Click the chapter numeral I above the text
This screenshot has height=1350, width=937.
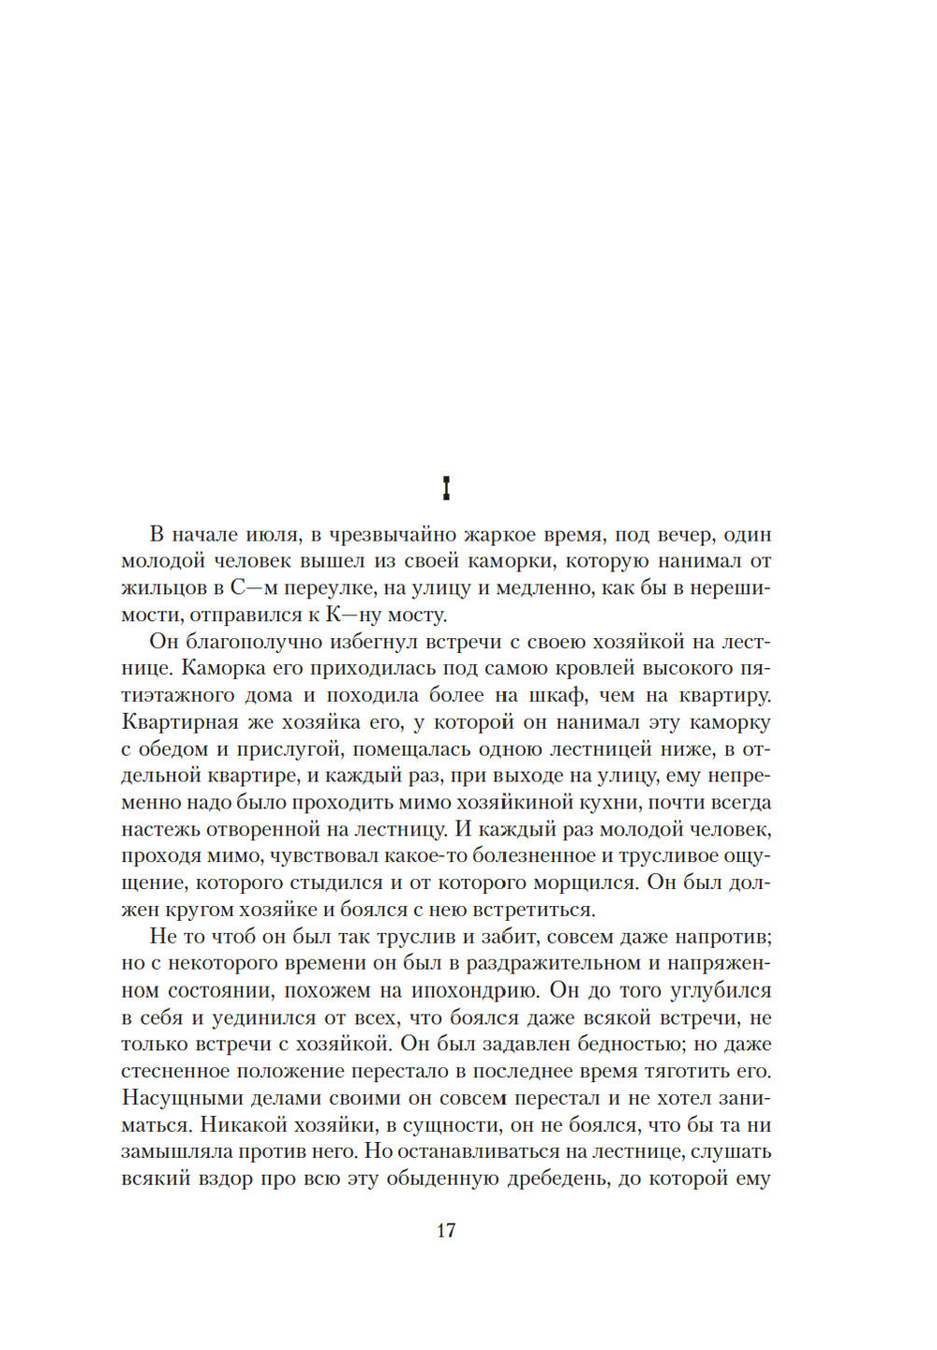[446, 488]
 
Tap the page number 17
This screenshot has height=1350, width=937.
[446, 1230]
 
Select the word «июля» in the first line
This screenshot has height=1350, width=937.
[273, 535]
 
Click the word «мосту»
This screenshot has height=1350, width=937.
[411, 616]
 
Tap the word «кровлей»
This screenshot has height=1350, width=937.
[638, 669]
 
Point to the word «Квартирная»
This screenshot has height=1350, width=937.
[180, 722]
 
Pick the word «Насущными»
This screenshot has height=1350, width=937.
[172, 1098]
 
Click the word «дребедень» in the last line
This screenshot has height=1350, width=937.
[556, 1179]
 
